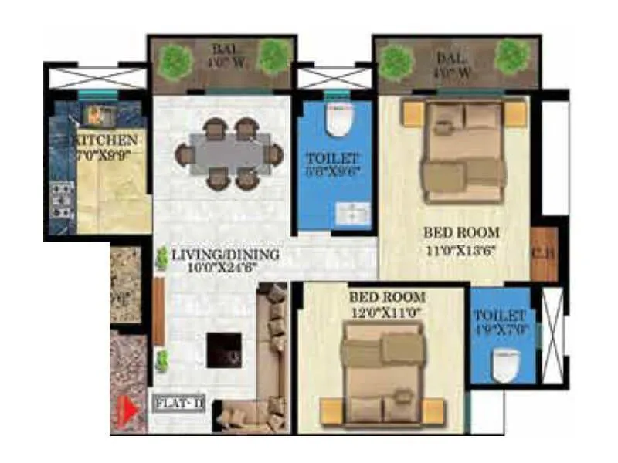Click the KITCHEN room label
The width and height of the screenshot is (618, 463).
pos(106,140)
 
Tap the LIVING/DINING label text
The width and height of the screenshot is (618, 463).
pos(216,255)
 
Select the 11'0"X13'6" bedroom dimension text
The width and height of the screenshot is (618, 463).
pos(461,249)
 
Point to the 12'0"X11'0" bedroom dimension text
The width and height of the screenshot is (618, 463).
pos(386,313)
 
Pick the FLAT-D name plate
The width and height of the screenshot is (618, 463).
pos(179,403)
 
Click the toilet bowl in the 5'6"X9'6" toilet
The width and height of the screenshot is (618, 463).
pos(336,120)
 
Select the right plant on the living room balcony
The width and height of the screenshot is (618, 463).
pos(273,56)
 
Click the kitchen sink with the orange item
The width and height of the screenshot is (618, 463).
pos(95,116)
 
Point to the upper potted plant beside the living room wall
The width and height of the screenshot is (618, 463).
pos(161,259)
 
